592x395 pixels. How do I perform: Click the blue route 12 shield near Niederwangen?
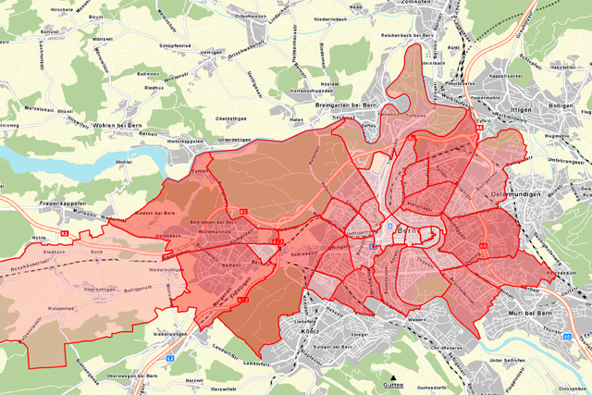[169, 358]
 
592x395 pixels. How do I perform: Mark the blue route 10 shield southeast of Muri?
[566, 336]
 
